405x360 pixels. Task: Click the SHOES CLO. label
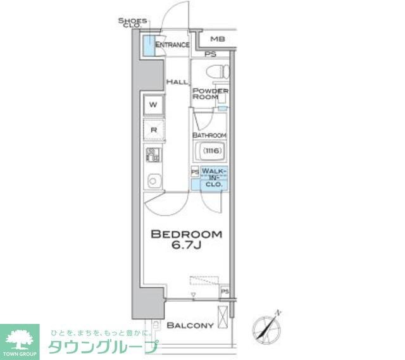click(132, 23)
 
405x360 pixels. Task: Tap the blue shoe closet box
click(147, 46)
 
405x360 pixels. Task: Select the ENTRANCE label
click(172, 45)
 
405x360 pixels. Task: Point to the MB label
click(217, 39)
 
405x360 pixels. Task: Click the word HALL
click(177, 82)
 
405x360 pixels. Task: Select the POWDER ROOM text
click(210, 94)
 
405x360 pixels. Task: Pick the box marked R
click(154, 130)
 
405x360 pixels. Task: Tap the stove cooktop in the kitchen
click(153, 154)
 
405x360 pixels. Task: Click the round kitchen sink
click(153, 181)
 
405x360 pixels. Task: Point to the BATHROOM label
click(209, 135)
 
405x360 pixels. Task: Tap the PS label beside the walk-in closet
click(194, 171)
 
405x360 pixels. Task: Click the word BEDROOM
click(186, 234)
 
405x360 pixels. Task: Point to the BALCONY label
click(190, 325)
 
